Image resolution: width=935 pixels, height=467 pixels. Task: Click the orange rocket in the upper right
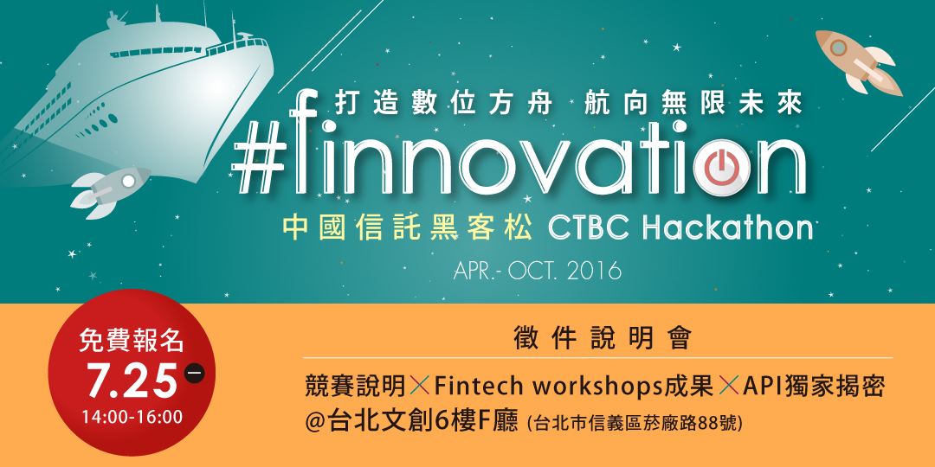tap(859, 62)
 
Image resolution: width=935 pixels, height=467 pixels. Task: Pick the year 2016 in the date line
tap(594, 272)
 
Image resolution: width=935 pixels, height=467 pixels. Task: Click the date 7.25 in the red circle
tap(132, 380)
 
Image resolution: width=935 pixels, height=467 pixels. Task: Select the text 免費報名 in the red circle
tap(132, 341)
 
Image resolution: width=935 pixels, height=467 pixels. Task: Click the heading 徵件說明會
tap(603, 338)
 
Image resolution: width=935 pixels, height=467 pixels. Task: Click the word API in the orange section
tap(763, 387)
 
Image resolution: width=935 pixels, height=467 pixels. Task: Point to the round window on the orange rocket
tap(838, 47)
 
